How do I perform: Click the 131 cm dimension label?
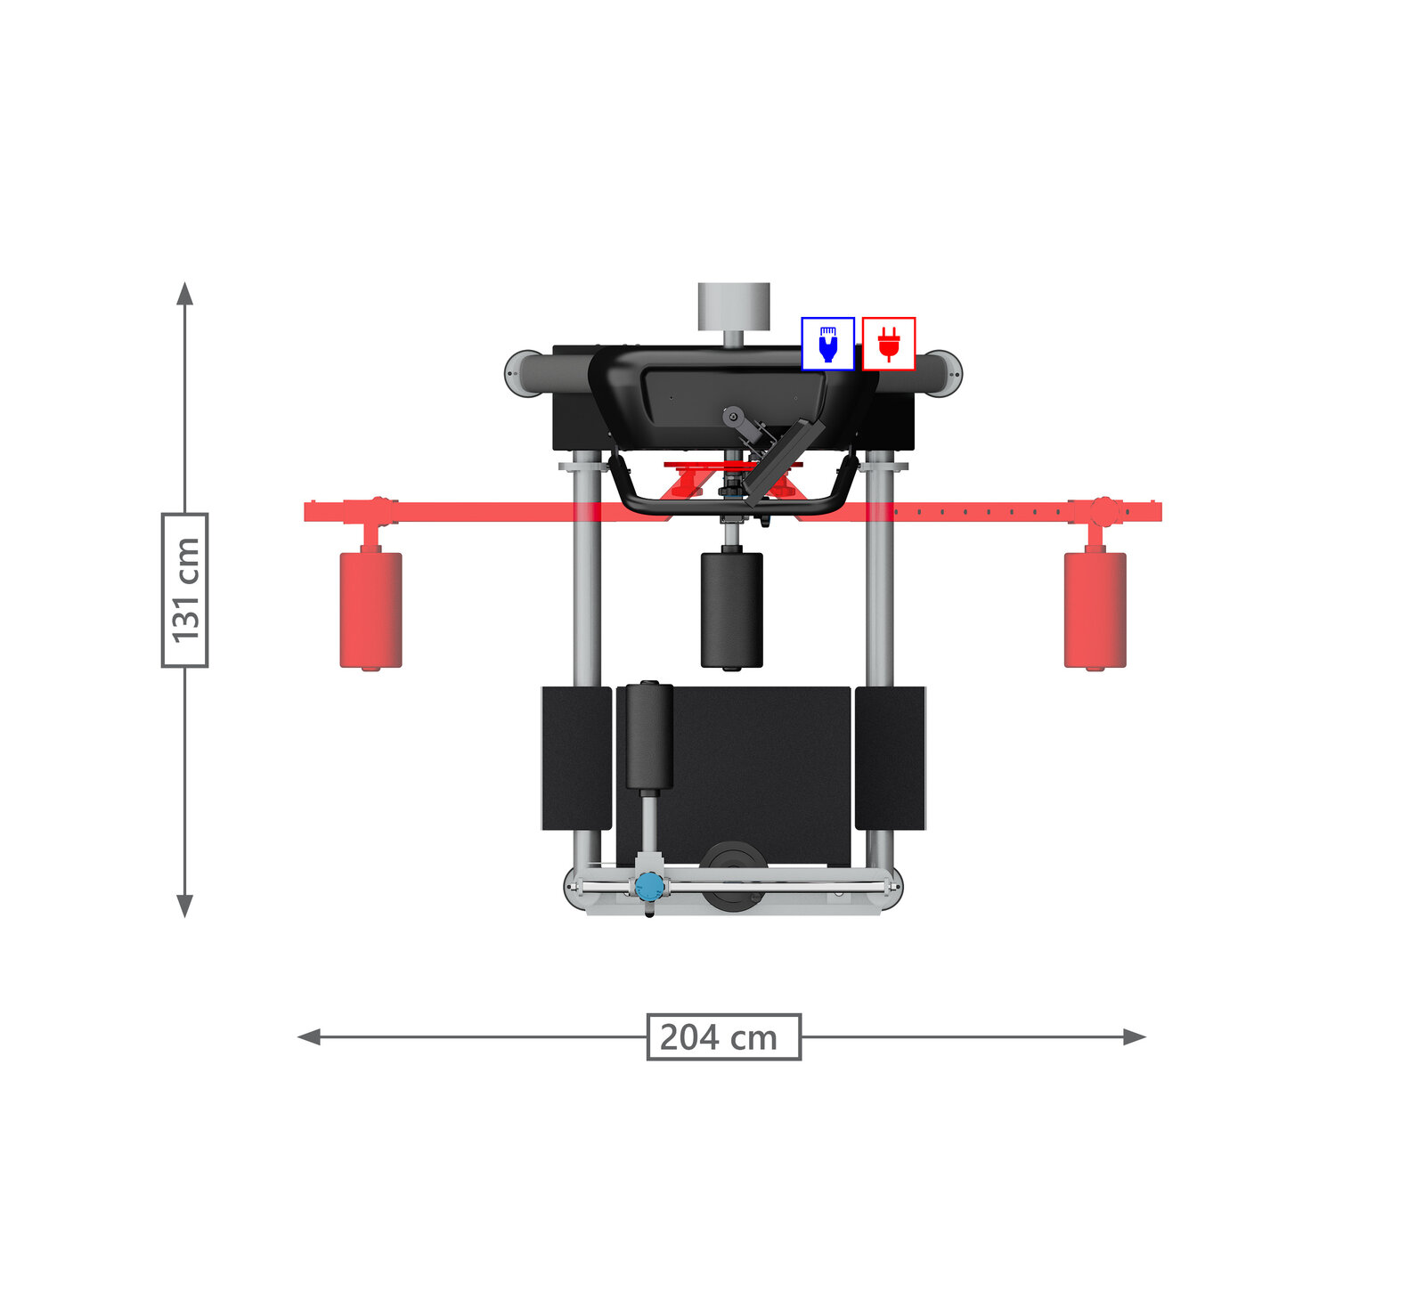point(184,589)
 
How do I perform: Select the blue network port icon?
point(827,343)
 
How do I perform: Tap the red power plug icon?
point(889,343)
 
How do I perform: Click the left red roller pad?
point(370,610)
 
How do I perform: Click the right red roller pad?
point(1095,610)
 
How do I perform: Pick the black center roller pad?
point(732,610)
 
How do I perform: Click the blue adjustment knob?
point(649,885)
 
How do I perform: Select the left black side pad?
point(576,758)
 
